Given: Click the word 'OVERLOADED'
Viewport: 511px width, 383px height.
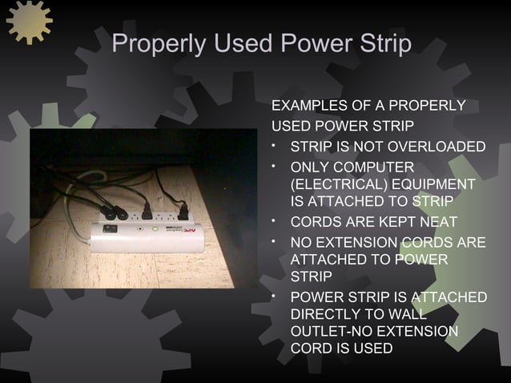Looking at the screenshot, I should coord(445,147).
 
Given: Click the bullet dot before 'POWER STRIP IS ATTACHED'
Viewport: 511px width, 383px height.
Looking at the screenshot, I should coord(275,296).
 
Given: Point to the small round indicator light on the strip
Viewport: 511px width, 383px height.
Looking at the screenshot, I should coord(142,228).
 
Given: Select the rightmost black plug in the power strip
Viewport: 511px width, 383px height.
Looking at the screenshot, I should coord(183,212).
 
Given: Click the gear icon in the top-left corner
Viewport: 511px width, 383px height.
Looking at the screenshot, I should coord(29,21).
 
